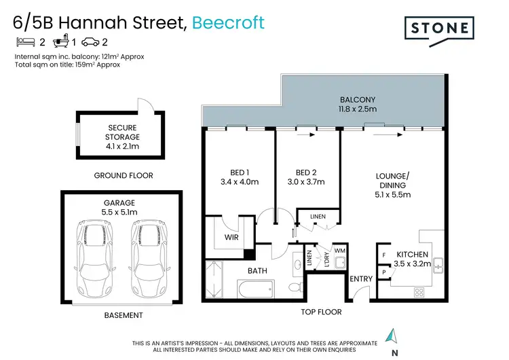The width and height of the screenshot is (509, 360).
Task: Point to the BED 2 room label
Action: click(305, 177)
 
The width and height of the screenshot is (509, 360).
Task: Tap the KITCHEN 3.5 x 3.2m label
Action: click(413, 259)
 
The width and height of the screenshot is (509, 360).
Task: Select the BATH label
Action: click(257, 270)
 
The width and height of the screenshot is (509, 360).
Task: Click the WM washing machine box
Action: click(339, 251)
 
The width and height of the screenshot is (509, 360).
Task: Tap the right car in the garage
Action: click(149, 252)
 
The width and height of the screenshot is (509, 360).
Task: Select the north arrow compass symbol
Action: click(392, 337)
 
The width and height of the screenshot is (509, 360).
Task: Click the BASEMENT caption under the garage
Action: click(124, 315)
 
